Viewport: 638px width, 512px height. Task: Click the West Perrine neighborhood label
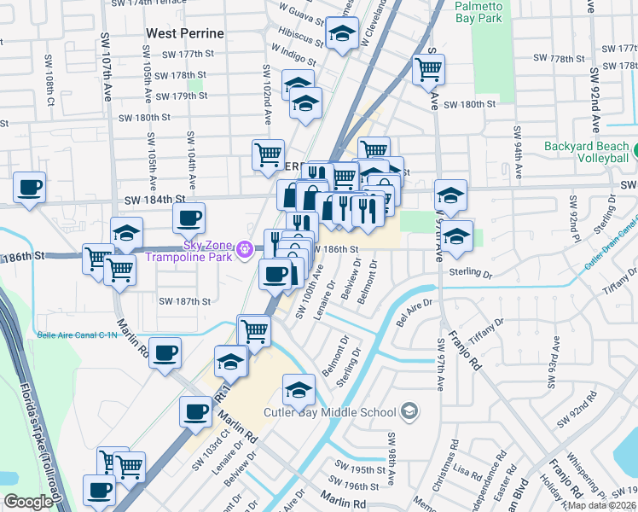(x=185, y=33)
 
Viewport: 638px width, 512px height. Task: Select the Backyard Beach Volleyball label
(x=589, y=152)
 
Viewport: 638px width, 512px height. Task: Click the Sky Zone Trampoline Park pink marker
(x=246, y=249)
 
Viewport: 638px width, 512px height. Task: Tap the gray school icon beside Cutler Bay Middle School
(x=409, y=413)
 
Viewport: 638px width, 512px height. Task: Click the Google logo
(x=28, y=502)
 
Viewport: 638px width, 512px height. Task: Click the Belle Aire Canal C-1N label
(x=77, y=335)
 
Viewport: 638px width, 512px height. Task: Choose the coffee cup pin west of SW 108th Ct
(x=30, y=187)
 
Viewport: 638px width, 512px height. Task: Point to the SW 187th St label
(x=184, y=300)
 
